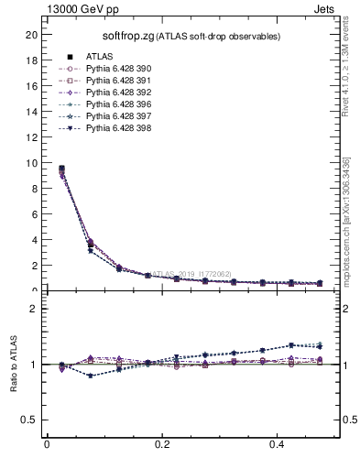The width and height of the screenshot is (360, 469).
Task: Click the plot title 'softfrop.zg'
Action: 127,36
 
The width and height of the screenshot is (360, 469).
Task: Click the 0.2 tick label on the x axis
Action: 162,445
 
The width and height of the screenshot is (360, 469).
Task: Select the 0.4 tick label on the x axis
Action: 278,445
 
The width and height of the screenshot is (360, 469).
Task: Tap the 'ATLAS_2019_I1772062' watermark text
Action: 192,273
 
